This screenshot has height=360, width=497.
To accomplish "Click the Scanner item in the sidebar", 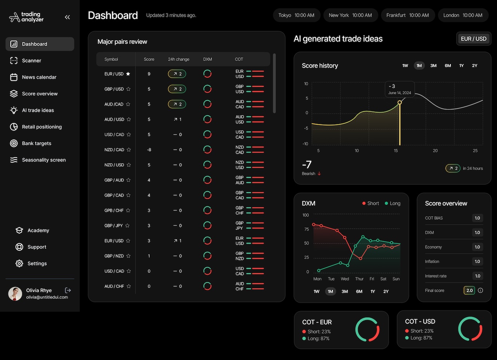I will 31,61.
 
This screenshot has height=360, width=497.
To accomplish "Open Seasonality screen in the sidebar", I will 43,160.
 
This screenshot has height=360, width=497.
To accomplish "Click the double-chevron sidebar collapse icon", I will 68,17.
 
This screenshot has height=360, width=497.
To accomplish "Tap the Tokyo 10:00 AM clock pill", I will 296,15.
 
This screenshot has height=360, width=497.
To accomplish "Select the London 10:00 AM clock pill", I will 462,15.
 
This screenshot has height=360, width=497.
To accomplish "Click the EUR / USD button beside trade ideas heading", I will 473,39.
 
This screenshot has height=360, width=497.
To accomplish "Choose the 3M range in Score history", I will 433,66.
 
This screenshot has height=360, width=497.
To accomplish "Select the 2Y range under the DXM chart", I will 386,291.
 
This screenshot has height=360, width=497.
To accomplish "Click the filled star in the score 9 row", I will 128,74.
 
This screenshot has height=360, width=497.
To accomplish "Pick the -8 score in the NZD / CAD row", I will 149,150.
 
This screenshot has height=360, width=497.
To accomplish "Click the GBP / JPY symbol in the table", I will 114,225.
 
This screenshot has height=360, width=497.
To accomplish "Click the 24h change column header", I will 179,59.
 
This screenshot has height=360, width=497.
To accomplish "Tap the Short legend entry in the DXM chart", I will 370,203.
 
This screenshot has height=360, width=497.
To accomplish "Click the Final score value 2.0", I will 469,291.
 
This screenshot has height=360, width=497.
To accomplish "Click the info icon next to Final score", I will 480,291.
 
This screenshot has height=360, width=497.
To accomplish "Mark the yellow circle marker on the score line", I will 400,102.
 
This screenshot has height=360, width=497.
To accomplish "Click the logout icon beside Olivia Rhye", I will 68,290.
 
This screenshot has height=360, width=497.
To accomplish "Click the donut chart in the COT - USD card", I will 470,329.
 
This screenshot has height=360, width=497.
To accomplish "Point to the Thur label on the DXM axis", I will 359,279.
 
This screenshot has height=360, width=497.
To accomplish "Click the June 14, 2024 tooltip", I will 400,89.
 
